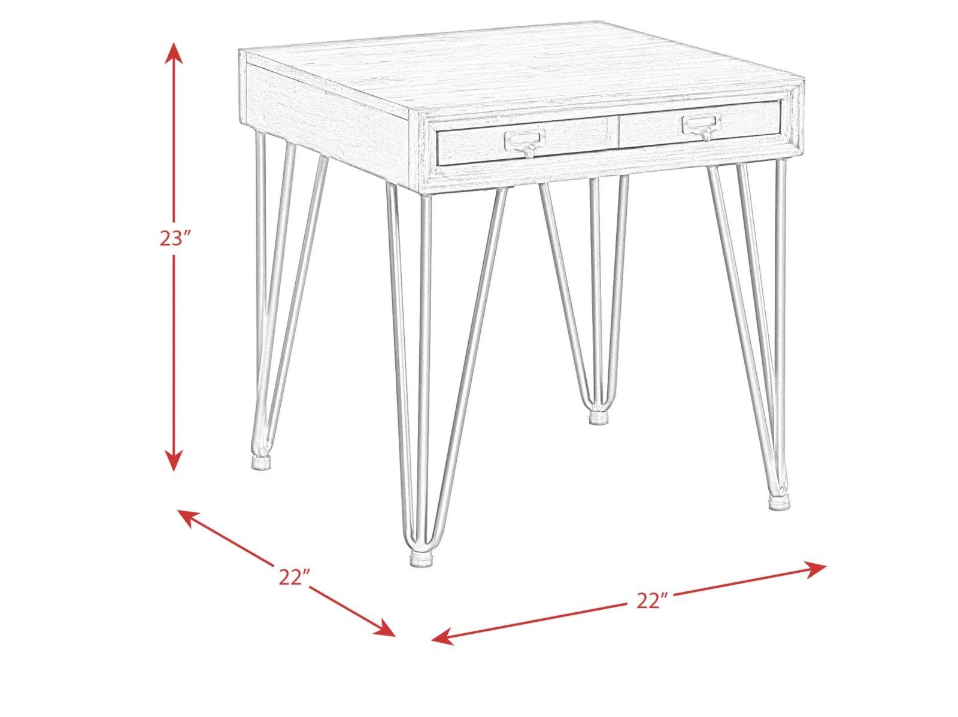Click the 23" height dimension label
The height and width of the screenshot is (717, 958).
pos(175,238)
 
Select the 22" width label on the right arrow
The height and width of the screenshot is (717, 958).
pos(652,601)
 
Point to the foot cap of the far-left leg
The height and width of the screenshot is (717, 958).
pos(262,462)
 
